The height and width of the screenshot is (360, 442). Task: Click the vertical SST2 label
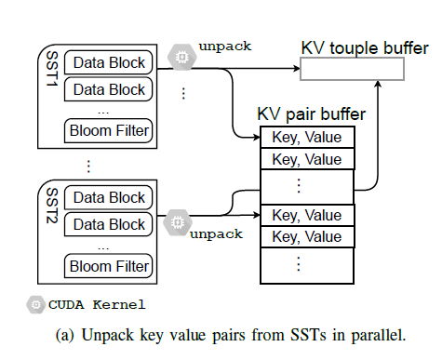(x=52, y=209)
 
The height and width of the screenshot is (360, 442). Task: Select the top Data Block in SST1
(x=109, y=63)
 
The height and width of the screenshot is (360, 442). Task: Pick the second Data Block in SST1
(x=109, y=89)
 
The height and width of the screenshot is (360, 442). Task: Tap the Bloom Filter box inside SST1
(x=109, y=130)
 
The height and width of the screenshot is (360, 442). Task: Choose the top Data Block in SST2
(x=109, y=197)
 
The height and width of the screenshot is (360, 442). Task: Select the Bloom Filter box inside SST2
(x=109, y=266)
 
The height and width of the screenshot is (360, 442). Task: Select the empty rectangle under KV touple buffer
(x=352, y=69)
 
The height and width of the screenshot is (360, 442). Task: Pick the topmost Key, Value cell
(x=307, y=138)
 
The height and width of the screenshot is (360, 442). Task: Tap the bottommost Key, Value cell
(x=307, y=236)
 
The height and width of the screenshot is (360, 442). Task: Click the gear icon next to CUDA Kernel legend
(x=35, y=304)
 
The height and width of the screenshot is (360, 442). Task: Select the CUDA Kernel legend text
(x=96, y=304)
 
